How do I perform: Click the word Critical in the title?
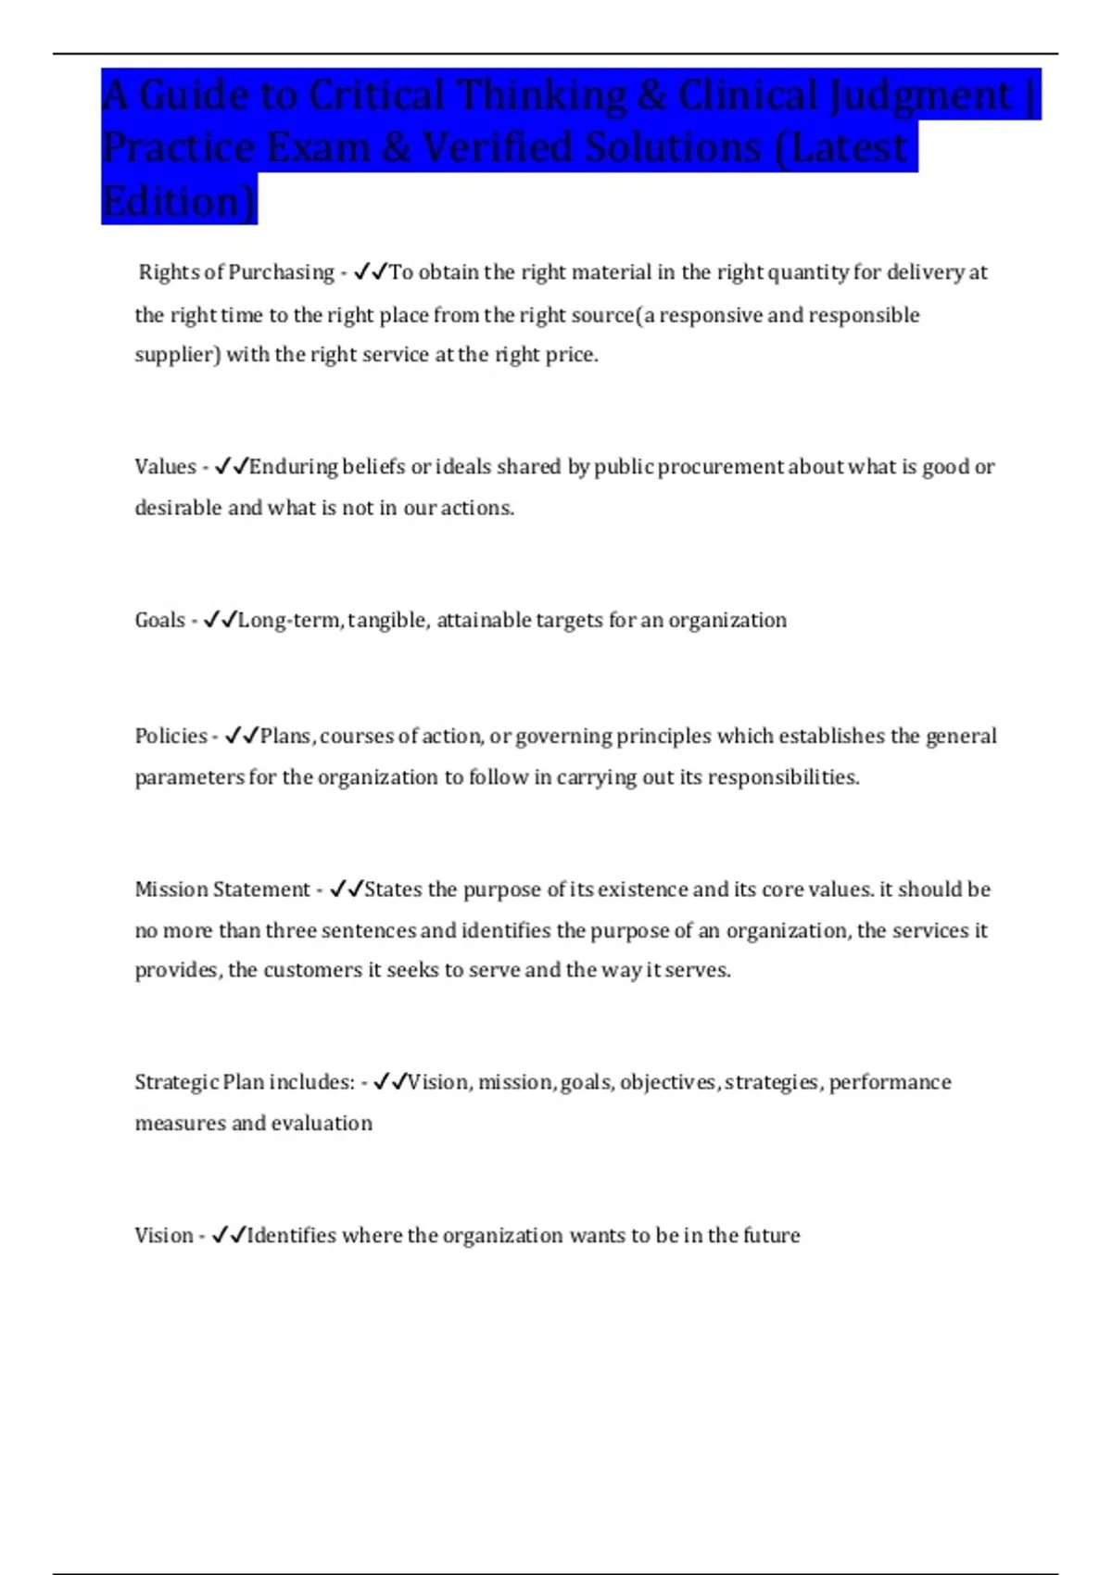pos(376,94)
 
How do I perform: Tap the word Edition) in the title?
pos(179,201)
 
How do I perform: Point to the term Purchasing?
pos(281,272)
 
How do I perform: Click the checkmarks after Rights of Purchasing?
pos(371,272)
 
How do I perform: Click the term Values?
pos(165,467)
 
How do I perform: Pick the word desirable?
pos(180,508)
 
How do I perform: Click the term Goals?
pos(159,620)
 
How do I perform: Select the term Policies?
pos(171,737)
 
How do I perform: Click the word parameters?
pos(190,777)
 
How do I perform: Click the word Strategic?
pos(176,1082)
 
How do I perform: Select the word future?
pos(771,1236)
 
